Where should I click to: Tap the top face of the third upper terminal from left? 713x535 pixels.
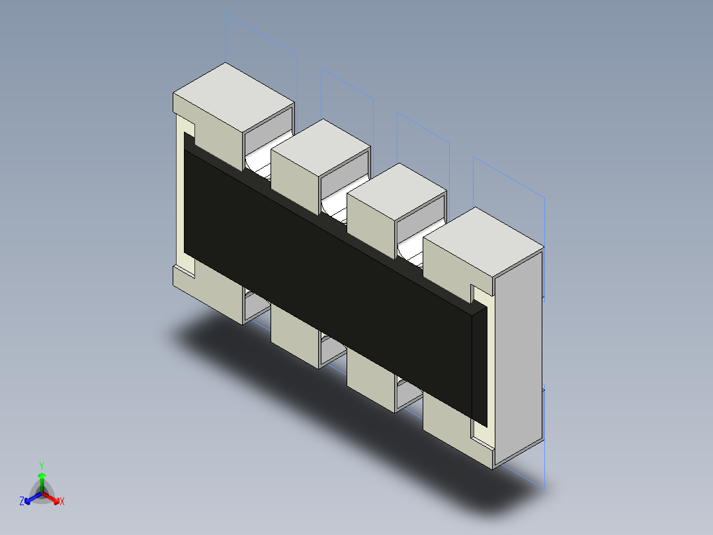click(x=396, y=191)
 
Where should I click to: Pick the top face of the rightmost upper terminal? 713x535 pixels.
click(x=483, y=240)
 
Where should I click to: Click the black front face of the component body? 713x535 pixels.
click(x=331, y=278)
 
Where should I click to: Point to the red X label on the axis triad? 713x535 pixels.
click(x=62, y=502)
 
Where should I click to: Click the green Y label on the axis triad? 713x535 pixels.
click(x=42, y=465)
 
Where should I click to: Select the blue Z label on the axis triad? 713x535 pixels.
click(x=22, y=502)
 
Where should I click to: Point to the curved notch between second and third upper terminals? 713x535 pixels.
click(x=335, y=207)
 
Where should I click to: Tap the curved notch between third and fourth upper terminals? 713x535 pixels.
click(x=411, y=250)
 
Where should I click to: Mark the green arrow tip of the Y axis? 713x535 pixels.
click(x=42, y=475)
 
